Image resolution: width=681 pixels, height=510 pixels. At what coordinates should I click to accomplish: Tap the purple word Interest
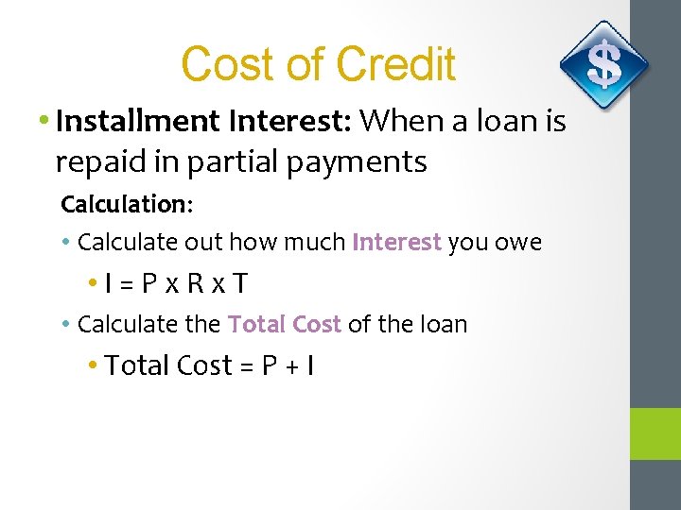tap(396, 243)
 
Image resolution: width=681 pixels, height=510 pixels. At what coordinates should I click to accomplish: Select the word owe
tap(519, 243)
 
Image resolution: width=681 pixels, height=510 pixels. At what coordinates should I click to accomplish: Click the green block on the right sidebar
tap(655, 433)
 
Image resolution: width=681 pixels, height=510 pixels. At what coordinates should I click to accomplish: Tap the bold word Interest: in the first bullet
tap(288, 121)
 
